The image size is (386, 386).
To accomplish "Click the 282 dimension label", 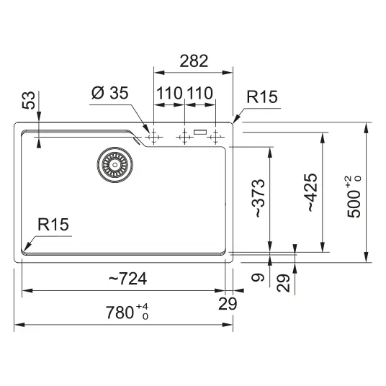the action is coord(194,61).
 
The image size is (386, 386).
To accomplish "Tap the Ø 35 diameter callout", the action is coord(110,93).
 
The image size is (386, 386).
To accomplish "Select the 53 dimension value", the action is coord(29,100).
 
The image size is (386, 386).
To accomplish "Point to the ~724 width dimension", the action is coord(127,279).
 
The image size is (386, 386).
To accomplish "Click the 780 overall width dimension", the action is coord(127,312).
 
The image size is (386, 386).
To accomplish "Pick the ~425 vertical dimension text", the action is coord(310,193).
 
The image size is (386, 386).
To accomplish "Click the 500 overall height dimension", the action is coord(354,197).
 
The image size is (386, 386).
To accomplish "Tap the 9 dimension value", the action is coord(258,278).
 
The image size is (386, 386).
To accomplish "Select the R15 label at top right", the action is coord(262,96).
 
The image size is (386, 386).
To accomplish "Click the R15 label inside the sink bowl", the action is coord(53,224).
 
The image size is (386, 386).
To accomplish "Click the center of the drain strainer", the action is coord(115,165).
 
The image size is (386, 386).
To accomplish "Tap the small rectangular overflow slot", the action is coord(200,133).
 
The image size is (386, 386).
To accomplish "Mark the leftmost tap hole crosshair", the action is coord(153,137).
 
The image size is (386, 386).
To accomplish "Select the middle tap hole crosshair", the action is coord(184,137).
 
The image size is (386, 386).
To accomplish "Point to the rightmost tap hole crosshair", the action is coord(215,137).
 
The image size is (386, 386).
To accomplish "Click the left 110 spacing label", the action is coord(169,93).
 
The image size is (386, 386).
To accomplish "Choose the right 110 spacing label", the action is coord(200,93).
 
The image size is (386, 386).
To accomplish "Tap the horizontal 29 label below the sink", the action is coord(228,303).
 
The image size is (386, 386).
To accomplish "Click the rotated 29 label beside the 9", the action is coord(283,283).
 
